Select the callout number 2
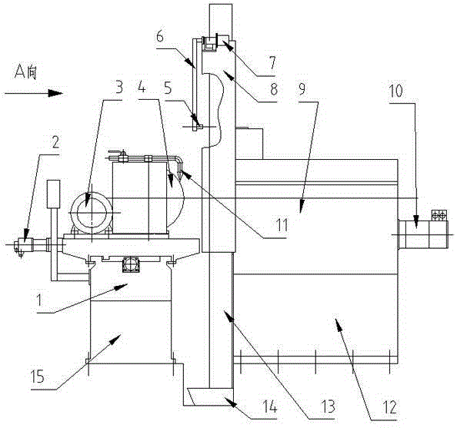click(x=55, y=142)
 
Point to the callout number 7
click(x=273, y=63)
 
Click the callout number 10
click(x=396, y=91)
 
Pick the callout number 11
click(x=282, y=225)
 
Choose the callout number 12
click(x=390, y=407)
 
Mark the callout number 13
click(x=329, y=406)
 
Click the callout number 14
click(x=270, y=406)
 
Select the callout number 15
click(x=38, y=377)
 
